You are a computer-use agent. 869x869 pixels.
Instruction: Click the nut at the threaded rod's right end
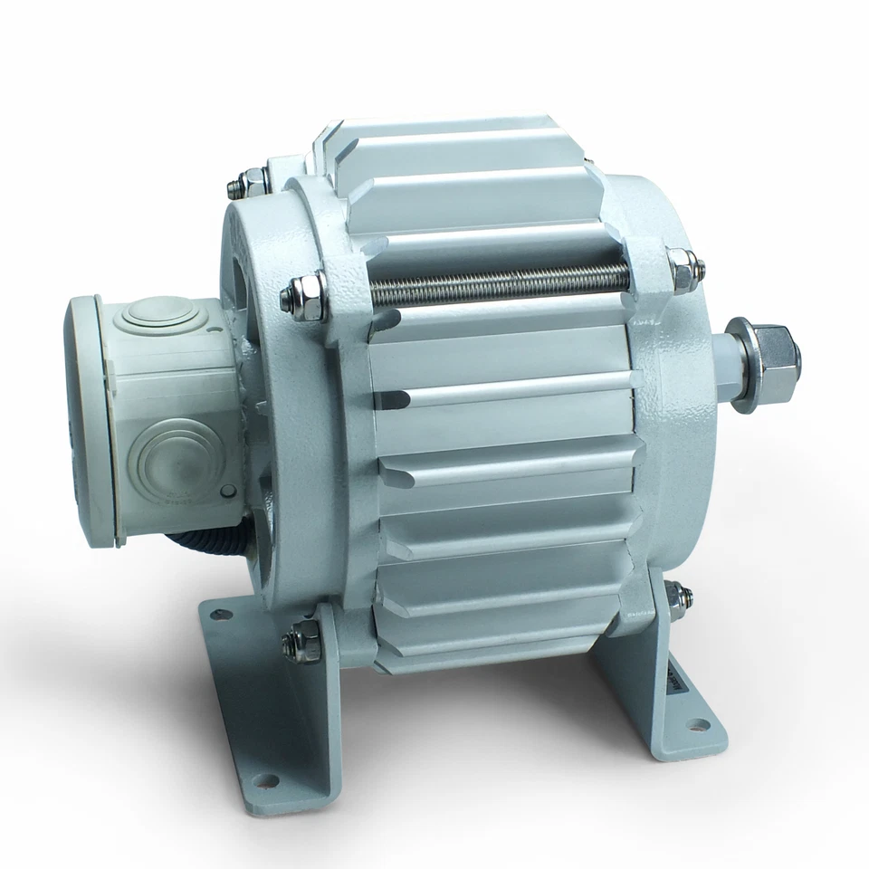[x=680, y=267]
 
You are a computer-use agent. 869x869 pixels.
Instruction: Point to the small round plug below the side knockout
[x=226, y=490]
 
